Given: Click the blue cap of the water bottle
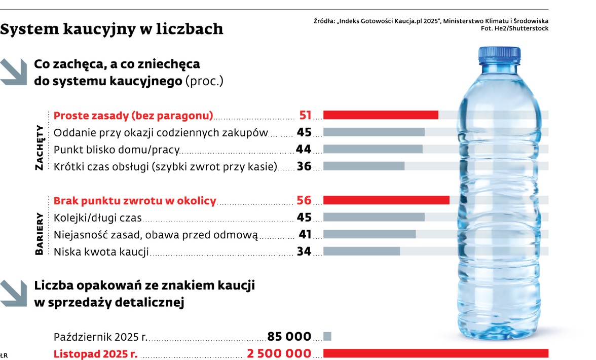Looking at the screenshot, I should (x=499, y=54).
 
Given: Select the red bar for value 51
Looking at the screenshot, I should (x=380, y=115).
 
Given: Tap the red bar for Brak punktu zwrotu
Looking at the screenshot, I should (x=386, y=200).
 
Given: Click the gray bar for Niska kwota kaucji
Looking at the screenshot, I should (x=361, y=251).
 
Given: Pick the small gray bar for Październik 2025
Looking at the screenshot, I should (x=327, y=336).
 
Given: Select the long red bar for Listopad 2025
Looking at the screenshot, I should (x=435, y=353).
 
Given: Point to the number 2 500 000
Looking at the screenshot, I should (x=279, y=353).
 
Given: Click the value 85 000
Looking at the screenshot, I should (x=289, y=336).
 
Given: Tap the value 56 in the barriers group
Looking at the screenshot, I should (x=304, y=200).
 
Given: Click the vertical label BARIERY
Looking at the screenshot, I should (x=40, y=234).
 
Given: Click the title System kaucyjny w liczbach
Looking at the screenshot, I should (x=111, y=29).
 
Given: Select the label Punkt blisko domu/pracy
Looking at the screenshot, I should (x=116, y=149).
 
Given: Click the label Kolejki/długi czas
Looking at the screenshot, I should (x=97, y=218).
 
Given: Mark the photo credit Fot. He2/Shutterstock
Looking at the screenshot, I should (x=514, y=28).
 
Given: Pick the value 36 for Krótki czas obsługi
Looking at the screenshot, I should (x=304, y=166).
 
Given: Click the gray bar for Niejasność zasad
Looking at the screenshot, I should (x=369, y=234).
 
